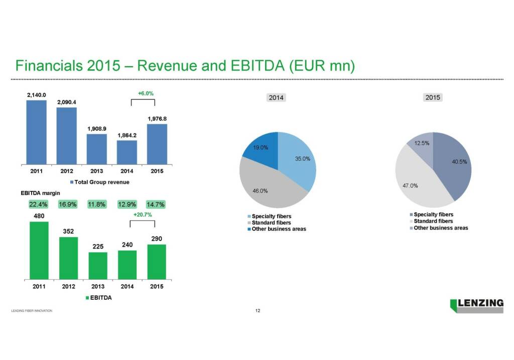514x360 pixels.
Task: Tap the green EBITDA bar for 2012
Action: tap(69, 258)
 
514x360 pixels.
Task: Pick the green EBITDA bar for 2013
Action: tap(98, 266)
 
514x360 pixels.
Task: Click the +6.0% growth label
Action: tap(145, 93)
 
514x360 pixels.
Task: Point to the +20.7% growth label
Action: tap(143, 214)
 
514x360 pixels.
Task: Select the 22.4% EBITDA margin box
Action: tap(38, 204)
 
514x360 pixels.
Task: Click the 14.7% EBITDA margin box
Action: tap(156, 204)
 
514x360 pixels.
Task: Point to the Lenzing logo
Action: tap(477, 305)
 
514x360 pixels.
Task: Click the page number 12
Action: tap(258, 311)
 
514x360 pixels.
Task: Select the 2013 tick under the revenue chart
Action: tap(96, 171)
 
